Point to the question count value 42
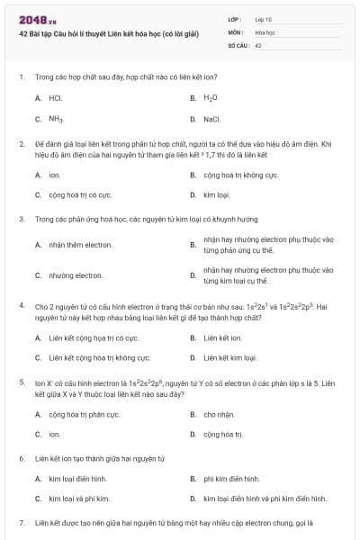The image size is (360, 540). [x=258, y=44]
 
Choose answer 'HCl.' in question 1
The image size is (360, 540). [x=55, y=97]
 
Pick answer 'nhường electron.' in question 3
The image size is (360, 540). [x=76, y=274]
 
